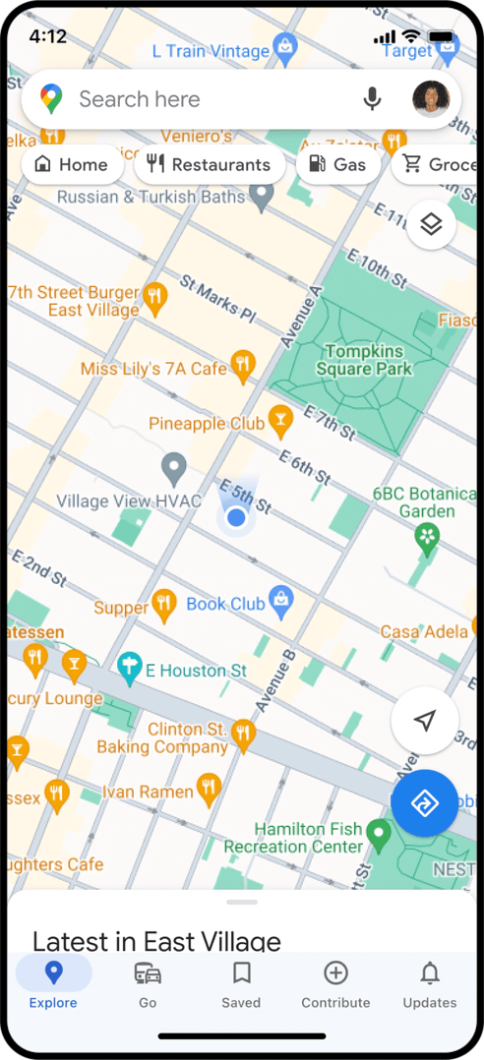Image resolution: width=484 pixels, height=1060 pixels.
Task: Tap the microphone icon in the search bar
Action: coord(372,99)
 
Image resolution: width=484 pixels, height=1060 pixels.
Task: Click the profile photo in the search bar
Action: coord(431,99)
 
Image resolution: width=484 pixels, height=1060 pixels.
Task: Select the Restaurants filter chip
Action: coord(209,165)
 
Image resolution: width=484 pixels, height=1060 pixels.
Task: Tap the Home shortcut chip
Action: coord(72,165)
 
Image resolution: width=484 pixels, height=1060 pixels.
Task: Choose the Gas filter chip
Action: coord(337,165)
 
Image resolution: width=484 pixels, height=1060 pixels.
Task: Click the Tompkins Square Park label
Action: coord(363,360)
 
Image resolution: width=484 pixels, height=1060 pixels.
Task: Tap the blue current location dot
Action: coord(235,516)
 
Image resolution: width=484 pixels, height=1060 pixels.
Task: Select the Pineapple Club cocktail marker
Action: coord(280,422)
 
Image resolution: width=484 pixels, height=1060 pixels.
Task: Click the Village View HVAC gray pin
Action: coord(174,468)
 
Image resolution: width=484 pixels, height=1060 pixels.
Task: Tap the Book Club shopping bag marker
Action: coord(281,602)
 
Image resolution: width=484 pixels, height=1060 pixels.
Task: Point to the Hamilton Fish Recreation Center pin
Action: coord(379,835)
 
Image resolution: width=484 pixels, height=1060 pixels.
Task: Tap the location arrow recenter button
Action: coord(424,722)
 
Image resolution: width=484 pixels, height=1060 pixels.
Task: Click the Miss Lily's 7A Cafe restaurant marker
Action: coord(243,366)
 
